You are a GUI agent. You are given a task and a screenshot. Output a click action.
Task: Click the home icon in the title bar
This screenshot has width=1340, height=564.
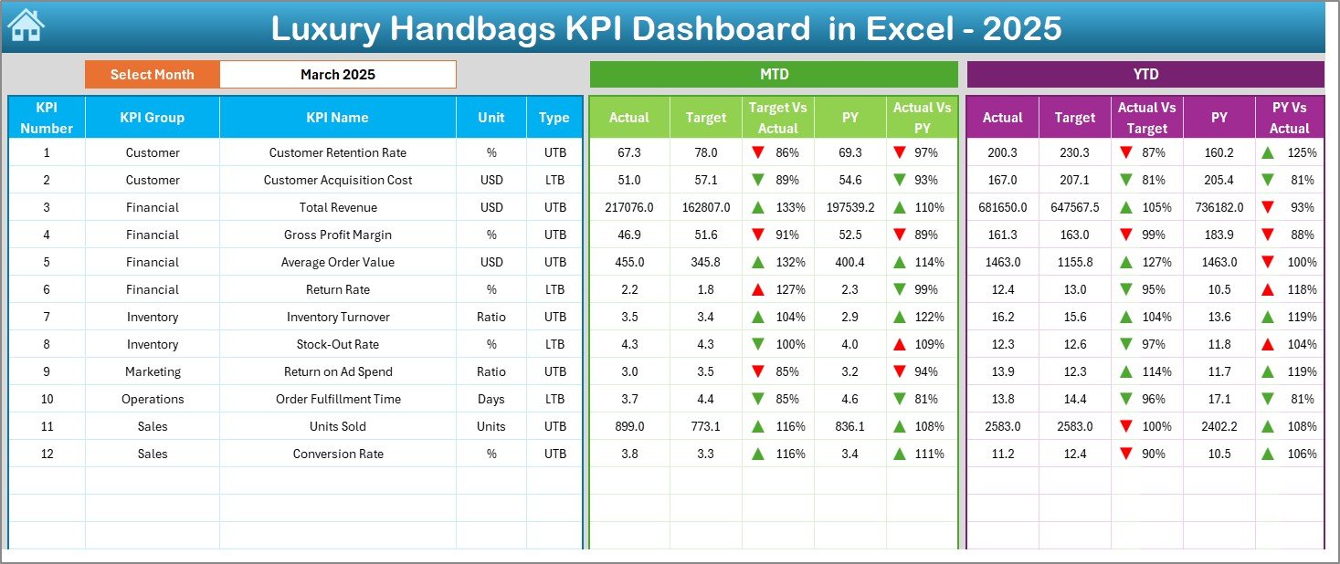point(26,26)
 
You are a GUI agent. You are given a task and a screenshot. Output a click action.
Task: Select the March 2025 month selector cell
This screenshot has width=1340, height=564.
point(337,75)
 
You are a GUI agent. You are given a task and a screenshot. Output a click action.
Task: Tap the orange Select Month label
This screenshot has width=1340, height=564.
point(152,75)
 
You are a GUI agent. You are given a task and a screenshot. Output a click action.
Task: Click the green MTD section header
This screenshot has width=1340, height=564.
point(774,75)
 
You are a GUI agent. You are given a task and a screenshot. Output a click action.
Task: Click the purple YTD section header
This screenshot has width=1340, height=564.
point(1145,75)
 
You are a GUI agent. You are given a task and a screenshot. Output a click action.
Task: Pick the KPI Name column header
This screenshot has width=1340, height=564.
point(337,118)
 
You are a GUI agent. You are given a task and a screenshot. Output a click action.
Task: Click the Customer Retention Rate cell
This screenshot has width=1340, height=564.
point(337,152)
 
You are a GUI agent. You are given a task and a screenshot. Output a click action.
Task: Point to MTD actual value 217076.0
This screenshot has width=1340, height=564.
point(629,207)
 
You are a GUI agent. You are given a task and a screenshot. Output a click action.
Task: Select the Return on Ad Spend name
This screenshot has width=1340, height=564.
point(337,371)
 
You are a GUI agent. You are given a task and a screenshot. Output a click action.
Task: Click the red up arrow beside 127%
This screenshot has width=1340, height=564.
point(758,289)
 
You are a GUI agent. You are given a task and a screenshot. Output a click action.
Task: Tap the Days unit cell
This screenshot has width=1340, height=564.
point(491,399)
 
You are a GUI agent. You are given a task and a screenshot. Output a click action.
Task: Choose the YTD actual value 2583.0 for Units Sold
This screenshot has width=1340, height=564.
point(1002,426)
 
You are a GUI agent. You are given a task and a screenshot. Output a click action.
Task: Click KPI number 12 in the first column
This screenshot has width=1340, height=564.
point(47,454)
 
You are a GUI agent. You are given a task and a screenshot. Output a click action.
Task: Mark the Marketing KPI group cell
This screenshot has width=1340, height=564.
point(153,371)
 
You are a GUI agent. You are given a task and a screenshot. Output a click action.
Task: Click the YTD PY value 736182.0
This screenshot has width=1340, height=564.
point(1219,207)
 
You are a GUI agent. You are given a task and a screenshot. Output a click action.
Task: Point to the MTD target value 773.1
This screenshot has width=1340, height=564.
point(705,426)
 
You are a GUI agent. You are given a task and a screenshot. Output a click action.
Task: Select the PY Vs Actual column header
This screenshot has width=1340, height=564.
point(1289,118)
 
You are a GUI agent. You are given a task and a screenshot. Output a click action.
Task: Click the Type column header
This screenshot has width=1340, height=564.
point(554,118)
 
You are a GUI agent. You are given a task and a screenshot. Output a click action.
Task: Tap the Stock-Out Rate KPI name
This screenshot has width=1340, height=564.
point(337,344)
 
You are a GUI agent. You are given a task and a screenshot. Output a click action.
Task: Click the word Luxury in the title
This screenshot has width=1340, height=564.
point(324,29)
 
